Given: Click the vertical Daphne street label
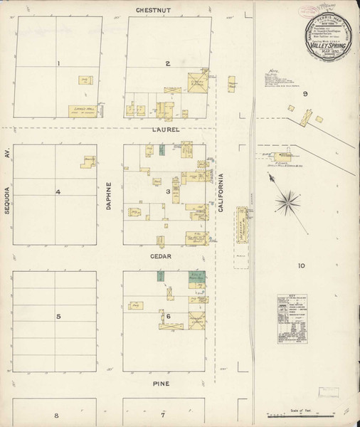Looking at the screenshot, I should pyautogui.click(x=110, y=194).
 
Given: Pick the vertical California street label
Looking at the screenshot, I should pyautogui.click(x=221, y=194).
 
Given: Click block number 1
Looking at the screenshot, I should pyautogui.click(x=58, y=64).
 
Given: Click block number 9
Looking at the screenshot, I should pyautogui.click(x=305, y=94).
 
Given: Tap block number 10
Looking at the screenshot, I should pyautogui.click(x=302, y=265).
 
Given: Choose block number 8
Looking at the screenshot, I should pyautogui.click(x=55, y=414).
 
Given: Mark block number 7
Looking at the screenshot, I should pyautogui.click(x=163, y=414).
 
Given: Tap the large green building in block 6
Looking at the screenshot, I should pyautogui.click(x=192, y=279).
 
